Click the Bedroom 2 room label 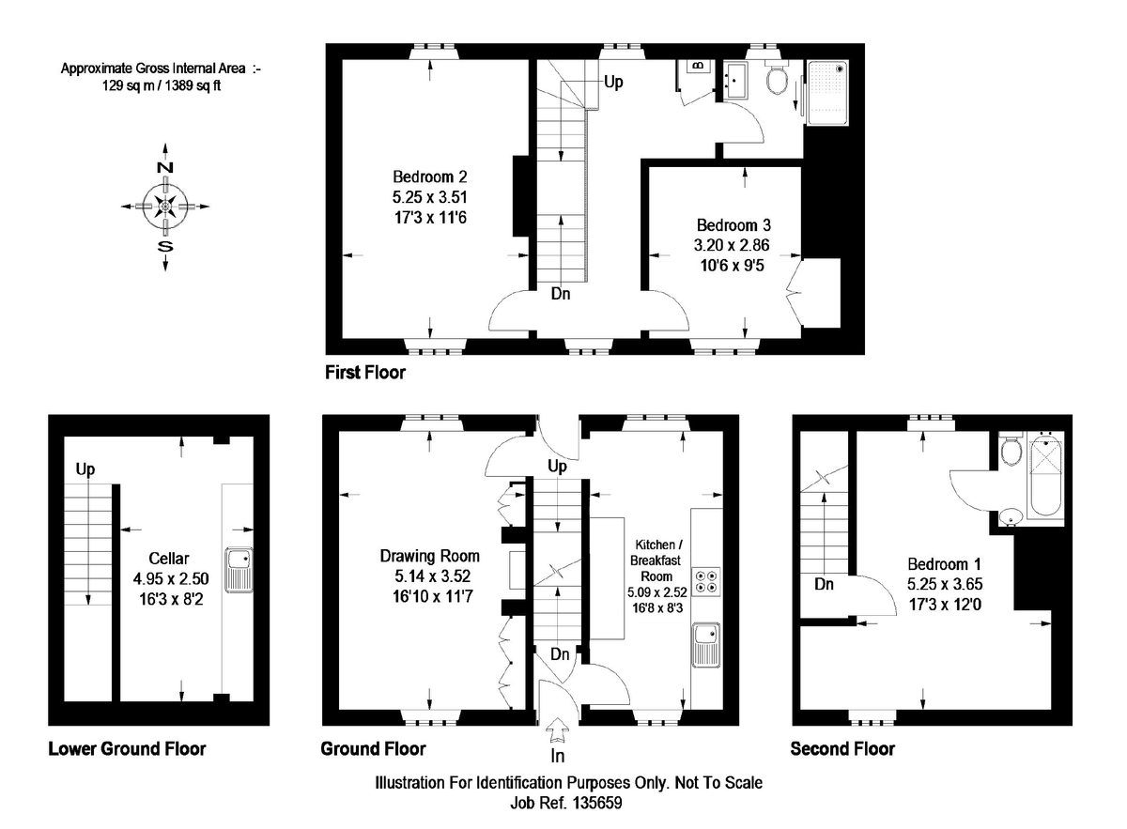click(430, 177)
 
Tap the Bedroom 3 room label click(733, 226)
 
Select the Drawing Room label click(429, 556)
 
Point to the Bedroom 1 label click(944, 564)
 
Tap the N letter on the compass click(164, 167)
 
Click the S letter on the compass click(164, 247)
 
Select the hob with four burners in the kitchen click(705, 581)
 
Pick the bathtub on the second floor click(1047, 479)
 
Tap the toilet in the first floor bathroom click(777, 81)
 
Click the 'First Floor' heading click(365, 373)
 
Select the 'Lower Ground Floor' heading click(127, 748)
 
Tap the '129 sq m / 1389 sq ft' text click(162, 84)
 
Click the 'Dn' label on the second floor click(825, 585)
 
